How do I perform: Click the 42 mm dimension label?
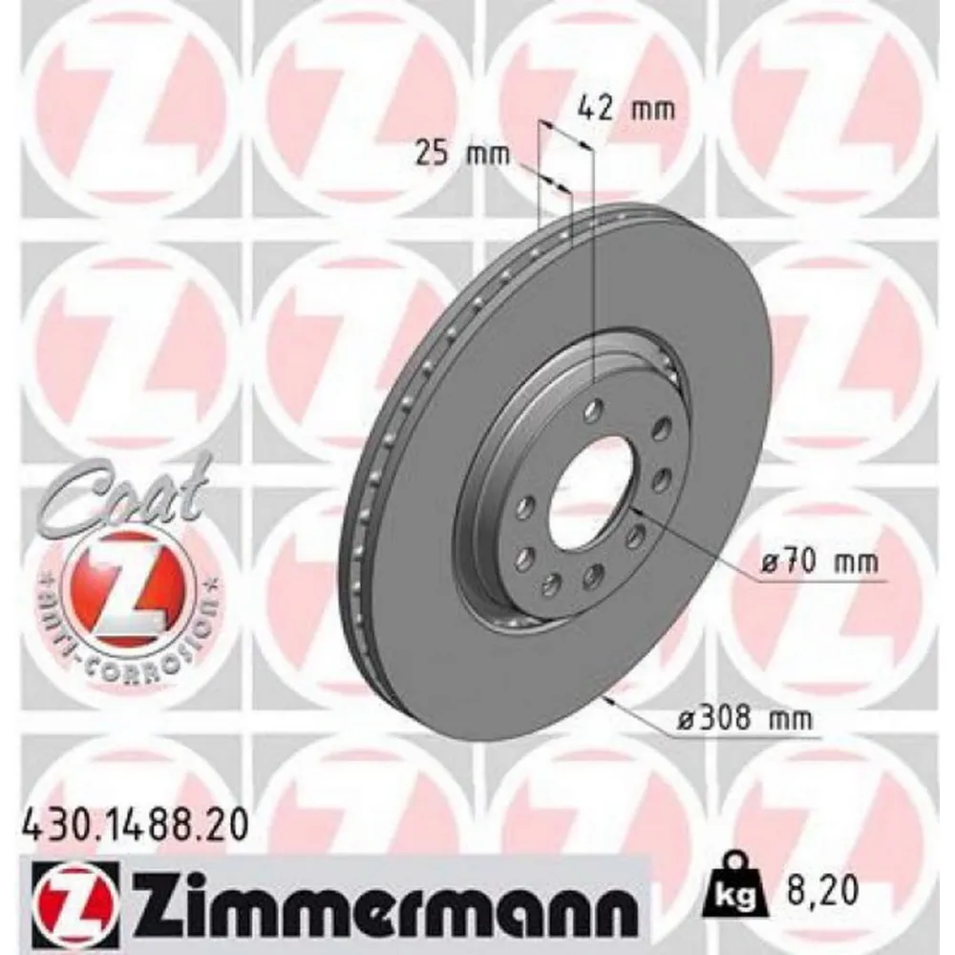(626, 108)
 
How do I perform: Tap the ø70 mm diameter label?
(818, 562)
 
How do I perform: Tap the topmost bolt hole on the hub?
(593, 413)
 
